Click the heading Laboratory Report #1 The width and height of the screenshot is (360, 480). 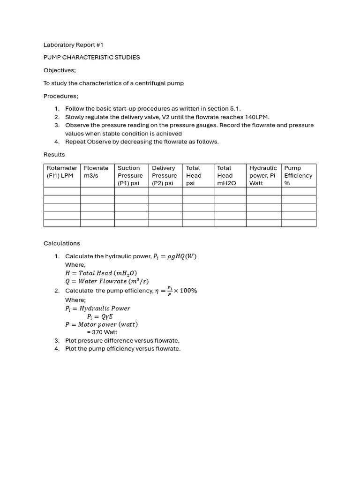(73, 45)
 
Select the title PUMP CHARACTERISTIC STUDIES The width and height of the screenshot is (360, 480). (91, 58)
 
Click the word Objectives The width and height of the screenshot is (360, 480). (60, 70)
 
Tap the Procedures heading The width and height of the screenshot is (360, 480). (60, 96)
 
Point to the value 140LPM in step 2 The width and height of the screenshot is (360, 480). (257, 117)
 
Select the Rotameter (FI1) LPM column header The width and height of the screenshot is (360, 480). (62, 175)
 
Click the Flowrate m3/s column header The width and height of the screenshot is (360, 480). (97, 172)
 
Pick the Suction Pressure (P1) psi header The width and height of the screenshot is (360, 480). (131, 175)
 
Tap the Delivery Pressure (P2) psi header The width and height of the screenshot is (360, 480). (165, 175)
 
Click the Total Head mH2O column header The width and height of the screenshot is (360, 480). (226, 175)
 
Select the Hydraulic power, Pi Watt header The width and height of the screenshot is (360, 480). (263, 175)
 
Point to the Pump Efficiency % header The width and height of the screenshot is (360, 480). (298, 175)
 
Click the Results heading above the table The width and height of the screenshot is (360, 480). (54, 155)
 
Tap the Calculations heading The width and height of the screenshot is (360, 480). (62, 243)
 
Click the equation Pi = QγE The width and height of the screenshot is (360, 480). (100, 316)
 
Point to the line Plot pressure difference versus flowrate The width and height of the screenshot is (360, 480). (122, 340)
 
